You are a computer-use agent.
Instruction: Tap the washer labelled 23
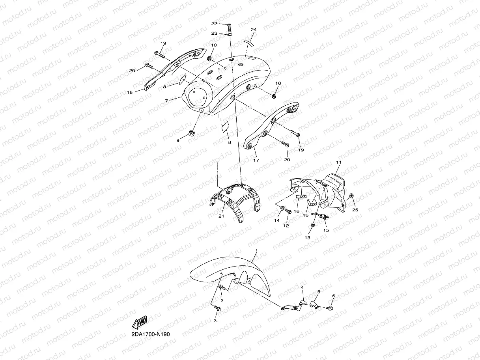pos(230,34)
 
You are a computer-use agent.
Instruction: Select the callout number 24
pos(254,30)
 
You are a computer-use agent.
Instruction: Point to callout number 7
pos(167,101)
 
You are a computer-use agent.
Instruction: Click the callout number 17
pos(256,160)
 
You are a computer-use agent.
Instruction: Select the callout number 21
pos(221,216)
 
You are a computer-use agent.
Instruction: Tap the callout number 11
pos(338,162)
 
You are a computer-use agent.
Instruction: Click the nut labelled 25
pos(352,196)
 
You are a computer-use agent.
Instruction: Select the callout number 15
pos(326,230)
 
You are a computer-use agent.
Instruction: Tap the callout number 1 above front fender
pos(256,250)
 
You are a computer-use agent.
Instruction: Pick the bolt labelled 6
pos(330,307)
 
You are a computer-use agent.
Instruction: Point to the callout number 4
pos(303,288)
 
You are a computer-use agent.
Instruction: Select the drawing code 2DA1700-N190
pos(151,334)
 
